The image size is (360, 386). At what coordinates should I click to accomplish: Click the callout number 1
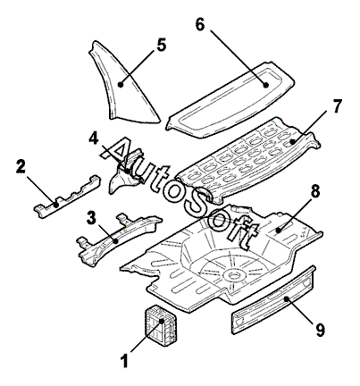(125, 361)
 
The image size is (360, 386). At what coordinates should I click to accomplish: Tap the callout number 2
(21, 167)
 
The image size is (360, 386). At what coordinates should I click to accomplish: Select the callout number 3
(91, 217)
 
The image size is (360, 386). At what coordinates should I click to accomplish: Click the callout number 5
(161, 45)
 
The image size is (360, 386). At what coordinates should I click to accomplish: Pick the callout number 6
(200, 24)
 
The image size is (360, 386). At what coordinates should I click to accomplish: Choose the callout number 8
(314, 191)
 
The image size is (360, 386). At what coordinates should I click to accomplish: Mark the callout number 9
(320, 330)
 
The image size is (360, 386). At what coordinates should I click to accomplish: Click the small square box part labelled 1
(160, 325)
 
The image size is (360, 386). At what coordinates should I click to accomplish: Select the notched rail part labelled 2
(67, 197)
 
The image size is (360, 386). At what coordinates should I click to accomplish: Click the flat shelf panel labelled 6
(230, 100)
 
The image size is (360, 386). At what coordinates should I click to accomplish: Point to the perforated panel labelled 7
(247, 160)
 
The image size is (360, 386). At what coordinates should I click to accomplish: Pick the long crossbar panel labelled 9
(273, 301)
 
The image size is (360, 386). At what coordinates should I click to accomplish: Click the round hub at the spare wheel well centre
(232, 273)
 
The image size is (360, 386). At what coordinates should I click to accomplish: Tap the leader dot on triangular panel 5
(121, 85)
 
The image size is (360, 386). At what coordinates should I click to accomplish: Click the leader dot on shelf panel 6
(266, 85)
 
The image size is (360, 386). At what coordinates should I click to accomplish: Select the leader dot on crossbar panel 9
(286, 298)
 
